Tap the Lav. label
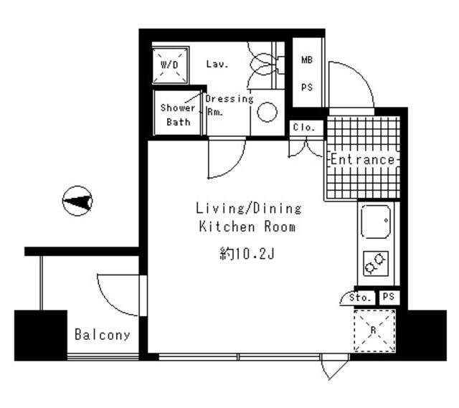click(x=217, y=65)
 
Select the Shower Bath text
click(x=177, y=115)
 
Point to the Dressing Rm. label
click(x=228, y=105)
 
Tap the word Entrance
click(x=362, y=159)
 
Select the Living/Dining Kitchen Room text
click(x=248, y=217)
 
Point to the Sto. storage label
click(x=361, y=297)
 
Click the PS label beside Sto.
click(x=388, y=297)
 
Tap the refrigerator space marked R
click(x=374, y=331)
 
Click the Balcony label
click(x=103, y=335)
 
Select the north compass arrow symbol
click(x=77, y=201)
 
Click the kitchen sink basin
click(x=376, y=222)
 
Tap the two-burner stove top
click(x=375, y=264)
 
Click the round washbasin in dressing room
click(x=268, y=111)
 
